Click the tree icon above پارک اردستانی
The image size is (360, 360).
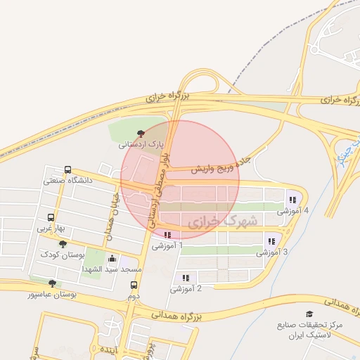click(141, 133)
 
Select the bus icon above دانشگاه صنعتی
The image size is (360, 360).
click(67, 169)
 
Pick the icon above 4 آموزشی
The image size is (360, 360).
click(292, 199)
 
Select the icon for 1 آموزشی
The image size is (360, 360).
click(167, 235)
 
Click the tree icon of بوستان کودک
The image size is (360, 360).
click(64, 243)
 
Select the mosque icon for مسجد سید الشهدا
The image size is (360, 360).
click(111, 258)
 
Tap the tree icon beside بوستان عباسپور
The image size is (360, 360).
click(51, 283)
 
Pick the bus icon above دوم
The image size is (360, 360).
click(134, 285)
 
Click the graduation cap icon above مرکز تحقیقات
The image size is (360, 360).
click(309, 314)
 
